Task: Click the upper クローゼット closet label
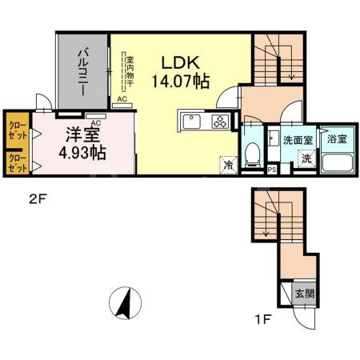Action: click(18, 130)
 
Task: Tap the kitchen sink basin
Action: click(193, 122)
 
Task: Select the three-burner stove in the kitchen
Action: click(219, 122)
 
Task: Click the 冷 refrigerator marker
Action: click(229, 166)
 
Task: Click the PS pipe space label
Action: click(272, 169)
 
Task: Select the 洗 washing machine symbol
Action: click(306, 158)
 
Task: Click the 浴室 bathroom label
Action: click(336, 138)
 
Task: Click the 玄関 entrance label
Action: click(304, 293)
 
